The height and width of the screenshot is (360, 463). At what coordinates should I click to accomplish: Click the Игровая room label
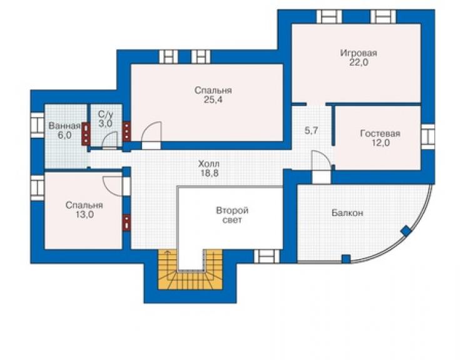[x=359, y=53]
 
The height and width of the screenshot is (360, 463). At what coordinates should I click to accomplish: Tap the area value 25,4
[x=213, y=100]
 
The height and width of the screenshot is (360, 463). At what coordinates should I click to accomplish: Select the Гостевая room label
[x=380, y=133]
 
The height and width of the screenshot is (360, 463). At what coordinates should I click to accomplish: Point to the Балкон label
[x=347, y=213]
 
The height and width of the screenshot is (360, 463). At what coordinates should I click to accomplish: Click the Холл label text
[x=209, y=164]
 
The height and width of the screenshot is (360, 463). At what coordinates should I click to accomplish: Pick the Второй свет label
[x=232, y=215]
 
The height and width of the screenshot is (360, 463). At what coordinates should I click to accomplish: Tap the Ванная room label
[x=64, y=126]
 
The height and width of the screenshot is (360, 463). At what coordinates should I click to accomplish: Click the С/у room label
[x=106, y=114]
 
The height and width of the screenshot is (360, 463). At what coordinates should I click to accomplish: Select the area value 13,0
[x=84, y=215]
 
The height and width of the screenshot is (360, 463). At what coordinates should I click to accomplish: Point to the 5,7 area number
[x=312, y=130]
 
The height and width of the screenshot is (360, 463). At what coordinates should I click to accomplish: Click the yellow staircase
[x=190, y=270]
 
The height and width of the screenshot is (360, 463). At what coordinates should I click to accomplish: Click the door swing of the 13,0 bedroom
[x=113, y=186]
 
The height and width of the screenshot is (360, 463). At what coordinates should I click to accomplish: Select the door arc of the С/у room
[x=109, y=139]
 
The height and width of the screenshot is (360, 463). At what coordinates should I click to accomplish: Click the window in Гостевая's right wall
[x=427, y=136]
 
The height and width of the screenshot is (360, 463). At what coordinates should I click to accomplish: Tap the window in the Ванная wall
[x=38, y=125]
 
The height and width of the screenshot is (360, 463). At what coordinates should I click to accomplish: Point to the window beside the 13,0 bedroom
[x=38, y=188]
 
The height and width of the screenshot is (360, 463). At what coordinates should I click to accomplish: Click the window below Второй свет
[x=267, y=256]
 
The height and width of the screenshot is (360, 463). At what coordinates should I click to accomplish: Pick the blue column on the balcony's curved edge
[x=406, y=231]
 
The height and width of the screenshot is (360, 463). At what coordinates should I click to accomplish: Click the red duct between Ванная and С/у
[x=86, y=134]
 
